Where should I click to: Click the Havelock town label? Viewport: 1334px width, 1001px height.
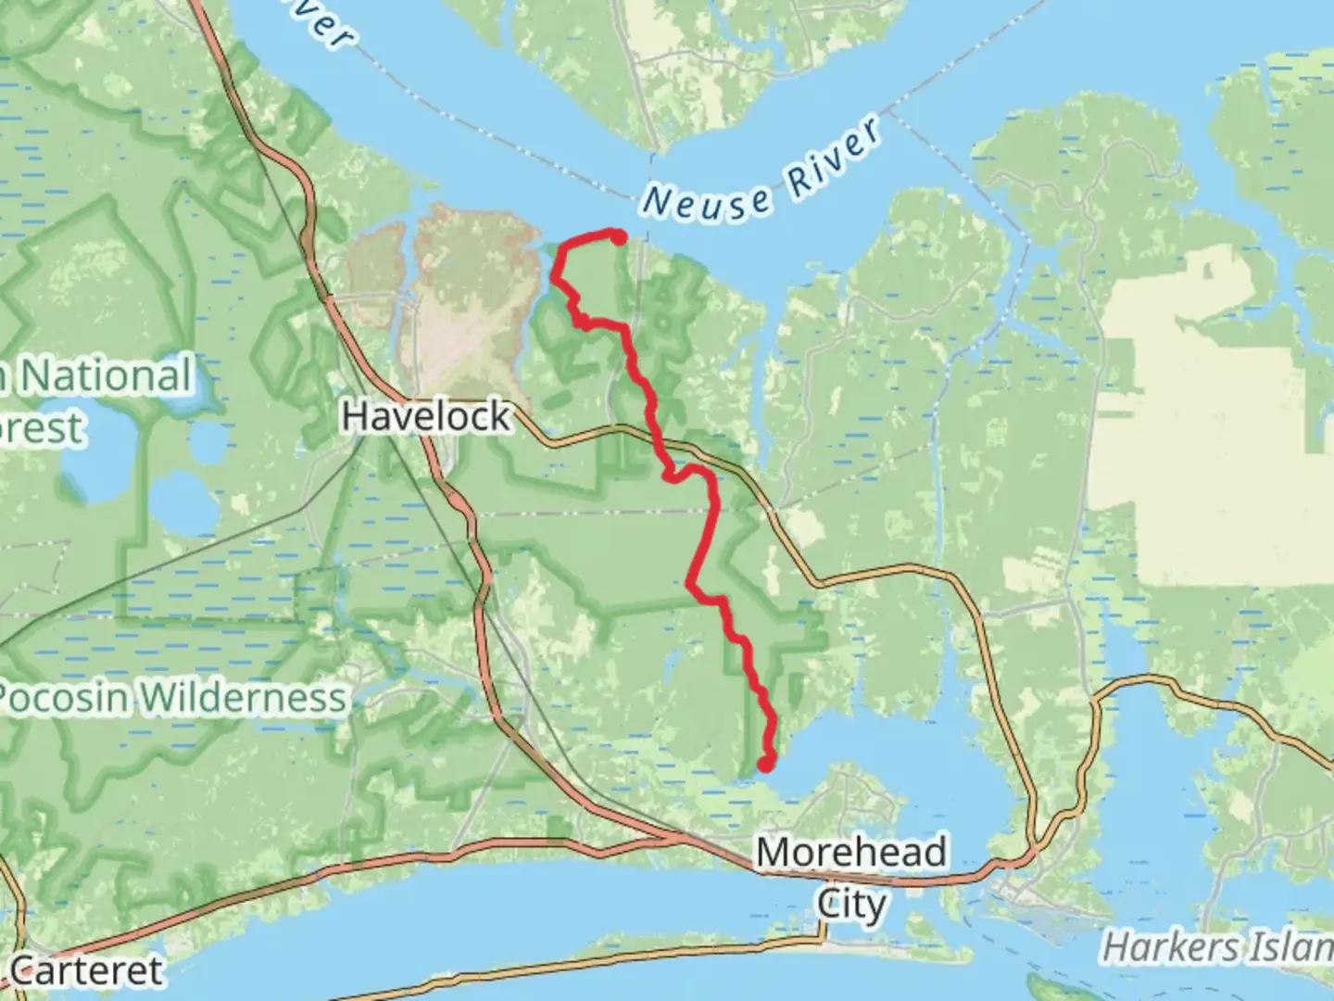click(425, 416)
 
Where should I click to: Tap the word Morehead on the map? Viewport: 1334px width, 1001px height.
click(850, 853)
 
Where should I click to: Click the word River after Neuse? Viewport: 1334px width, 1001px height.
click(834, 157)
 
